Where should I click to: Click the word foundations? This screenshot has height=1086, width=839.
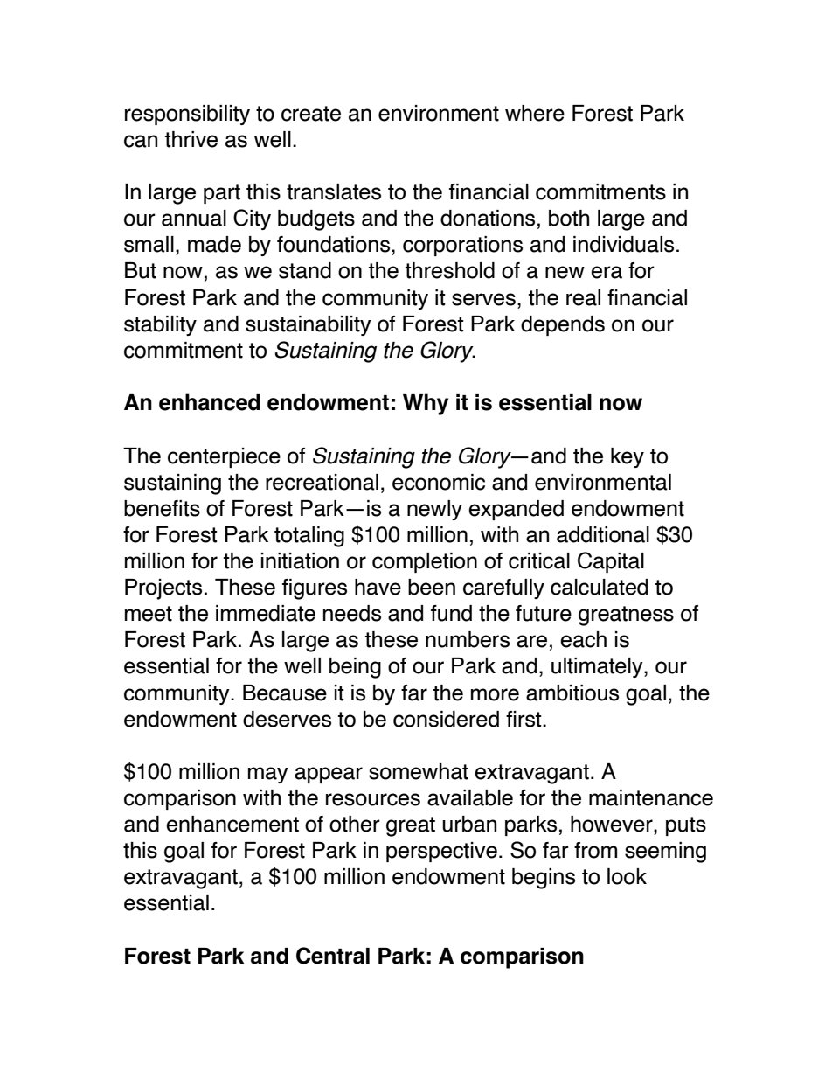336,246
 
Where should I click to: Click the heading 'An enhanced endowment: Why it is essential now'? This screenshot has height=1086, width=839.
383,403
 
